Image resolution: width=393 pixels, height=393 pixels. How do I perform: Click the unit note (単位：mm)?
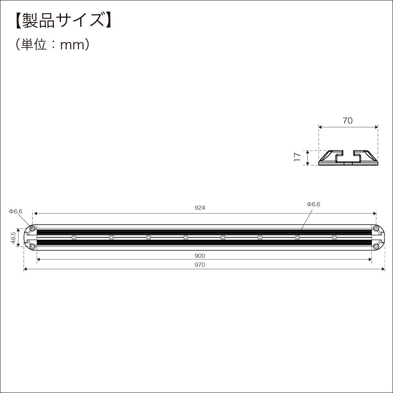[x=53, y=44]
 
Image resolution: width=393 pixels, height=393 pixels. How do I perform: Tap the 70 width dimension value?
[x=347, y=121]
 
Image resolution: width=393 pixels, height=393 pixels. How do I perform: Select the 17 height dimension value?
[x=298, y=158]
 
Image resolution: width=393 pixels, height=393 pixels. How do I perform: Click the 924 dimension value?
[x=200, y=208]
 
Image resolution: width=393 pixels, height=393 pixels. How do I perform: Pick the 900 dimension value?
[x=200, y=255]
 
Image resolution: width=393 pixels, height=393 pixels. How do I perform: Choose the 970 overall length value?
[x=200, y=265]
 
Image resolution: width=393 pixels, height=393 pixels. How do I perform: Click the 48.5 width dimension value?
[x=13, y=237]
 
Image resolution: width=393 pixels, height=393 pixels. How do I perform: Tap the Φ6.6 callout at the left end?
[x=16, y=211]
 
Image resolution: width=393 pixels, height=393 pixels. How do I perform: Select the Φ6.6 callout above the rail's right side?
[x=314, y=204]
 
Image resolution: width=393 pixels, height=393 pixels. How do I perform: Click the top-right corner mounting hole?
[x=376, y=228]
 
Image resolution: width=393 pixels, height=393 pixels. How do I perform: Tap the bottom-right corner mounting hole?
[x=376, y=246]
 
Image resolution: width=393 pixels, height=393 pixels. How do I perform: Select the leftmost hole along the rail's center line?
[x=74, y=237]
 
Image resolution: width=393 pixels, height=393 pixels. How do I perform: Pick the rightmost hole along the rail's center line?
[x=334, y=237]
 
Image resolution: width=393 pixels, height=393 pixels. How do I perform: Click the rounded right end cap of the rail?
[x=380, y=237]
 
